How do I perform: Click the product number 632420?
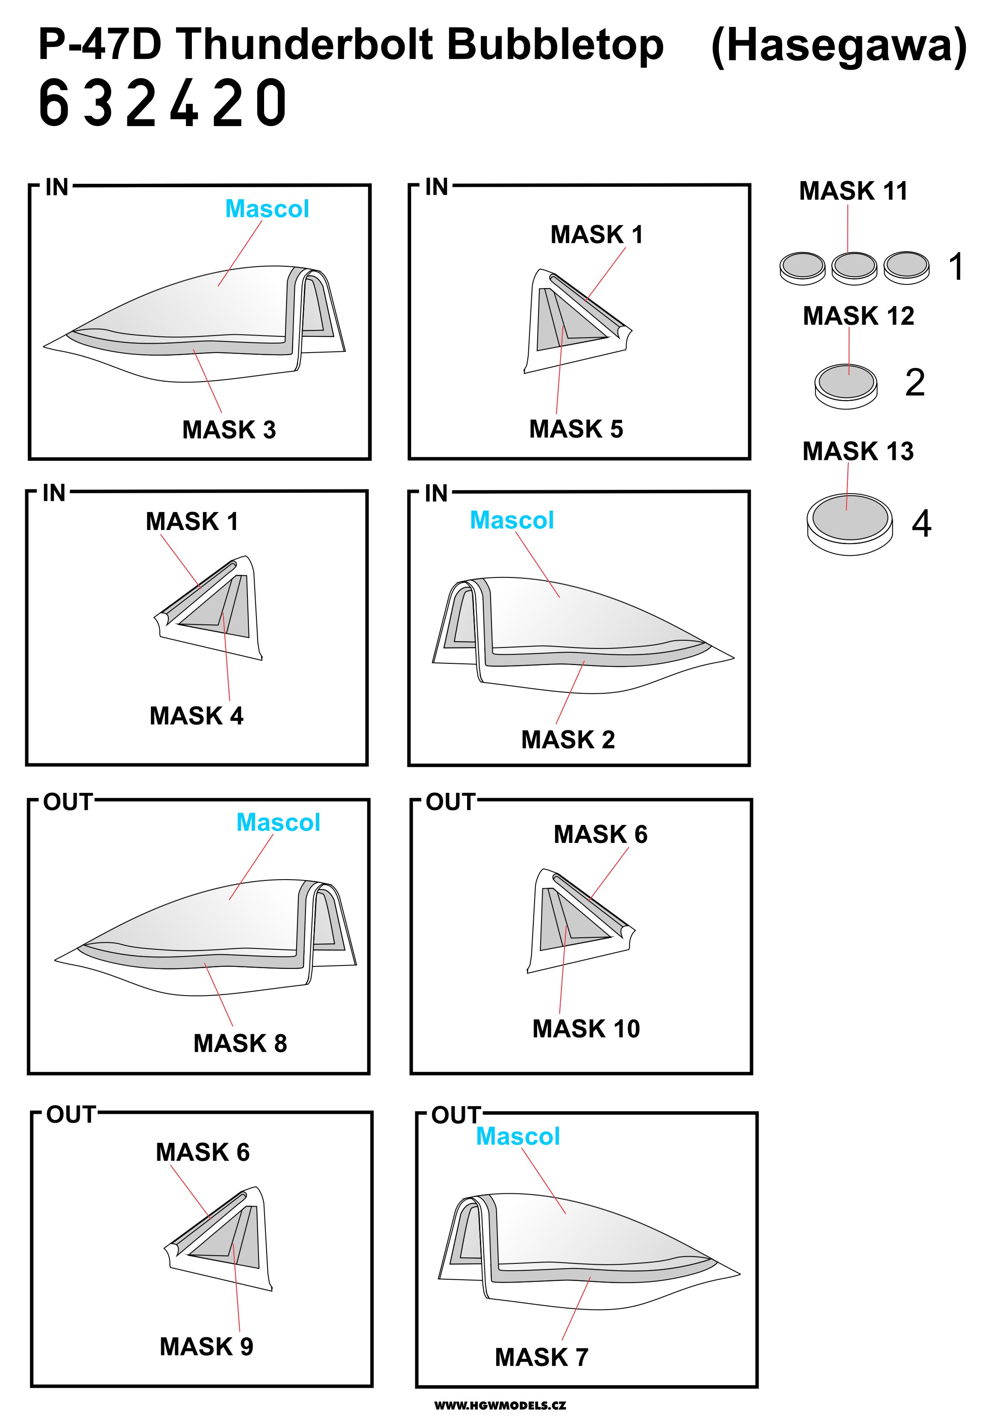[x=163, y=103]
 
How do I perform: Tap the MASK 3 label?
[x=229, y=430]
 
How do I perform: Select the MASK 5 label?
[x=576, y=429]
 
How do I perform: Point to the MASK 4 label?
[x=196, y=716]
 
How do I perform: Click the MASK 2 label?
[x=568, y=739]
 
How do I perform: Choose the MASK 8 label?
[x=240, y=1043]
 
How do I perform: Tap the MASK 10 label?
[x=586, y=1029]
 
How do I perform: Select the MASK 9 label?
[x=207, y=1347]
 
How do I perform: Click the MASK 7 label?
[x=541, y=1357]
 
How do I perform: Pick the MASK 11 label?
[x=853, y=191]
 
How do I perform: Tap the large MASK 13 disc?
[x=850, y=524]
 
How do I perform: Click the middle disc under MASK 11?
[x=854, y=268]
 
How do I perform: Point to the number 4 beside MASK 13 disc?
[x=921, y=524]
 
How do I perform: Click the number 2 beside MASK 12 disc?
[x=915, y=383]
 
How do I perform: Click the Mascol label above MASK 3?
[x=267, y=209]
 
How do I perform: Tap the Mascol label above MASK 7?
[x=518, y=1136]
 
